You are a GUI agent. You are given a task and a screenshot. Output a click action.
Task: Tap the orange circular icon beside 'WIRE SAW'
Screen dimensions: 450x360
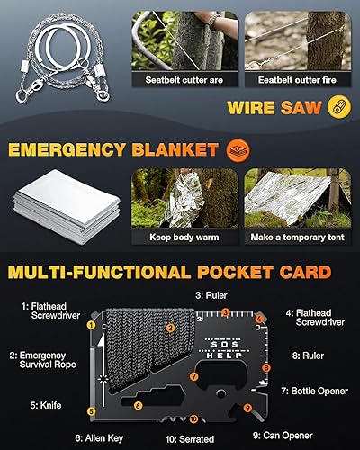338,103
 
